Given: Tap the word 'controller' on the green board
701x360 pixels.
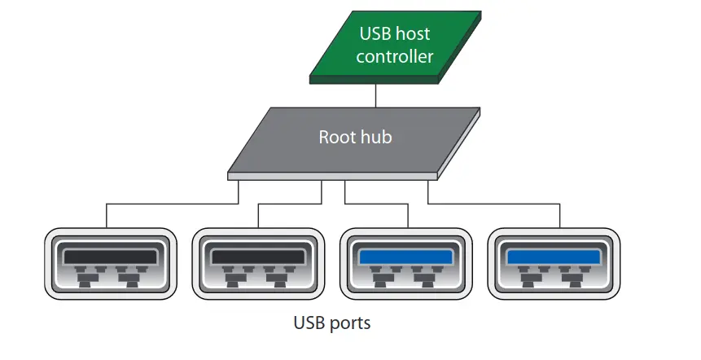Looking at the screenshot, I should point(394,57).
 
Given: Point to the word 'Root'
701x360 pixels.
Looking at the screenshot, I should point(336,136).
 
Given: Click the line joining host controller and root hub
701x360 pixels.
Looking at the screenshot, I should point(375,95).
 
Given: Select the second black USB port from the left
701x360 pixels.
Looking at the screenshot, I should point(258,266).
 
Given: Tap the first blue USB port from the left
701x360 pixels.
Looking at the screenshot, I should point(406,266).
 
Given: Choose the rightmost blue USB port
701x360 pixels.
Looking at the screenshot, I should point(554,266).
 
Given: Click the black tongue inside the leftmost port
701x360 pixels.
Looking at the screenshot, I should point(111,256).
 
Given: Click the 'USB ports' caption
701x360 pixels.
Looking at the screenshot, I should point(331,323).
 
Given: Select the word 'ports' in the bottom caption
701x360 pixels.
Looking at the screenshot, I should point(349,324).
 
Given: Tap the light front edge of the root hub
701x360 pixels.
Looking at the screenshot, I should point(334,175).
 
